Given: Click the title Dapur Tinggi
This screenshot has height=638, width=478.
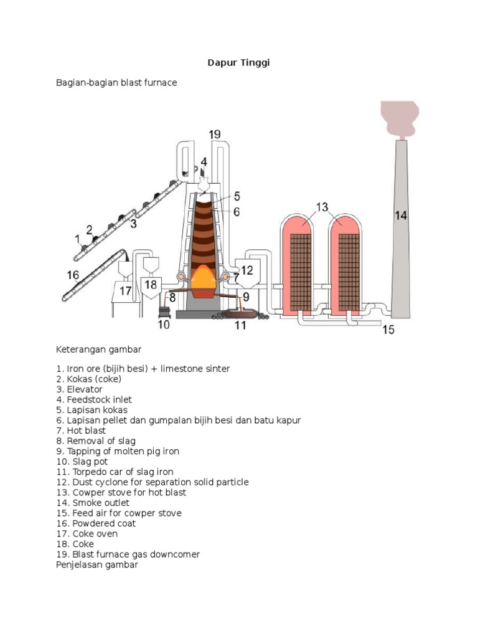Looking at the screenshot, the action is pyautogui.click(x=238, y=62).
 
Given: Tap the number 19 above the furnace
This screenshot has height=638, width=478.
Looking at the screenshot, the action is pyautogui.click(x=215, y=134).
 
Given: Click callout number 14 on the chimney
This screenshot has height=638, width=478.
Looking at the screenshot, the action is pyautogui.click(x=401, y=216).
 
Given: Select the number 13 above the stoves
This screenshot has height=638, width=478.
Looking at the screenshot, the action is pyautogui.click(x=322, y=206).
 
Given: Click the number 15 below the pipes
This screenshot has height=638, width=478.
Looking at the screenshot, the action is pyautogui.click(x=388, y=330).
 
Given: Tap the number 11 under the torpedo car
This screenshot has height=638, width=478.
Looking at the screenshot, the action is pyautogui.click(x=240, y=325).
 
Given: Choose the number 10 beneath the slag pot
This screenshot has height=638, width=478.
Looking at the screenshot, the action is pyautogui.click(x=164, y=324).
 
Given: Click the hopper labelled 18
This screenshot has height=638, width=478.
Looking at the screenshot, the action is pyautogui.click(x=151, y=285).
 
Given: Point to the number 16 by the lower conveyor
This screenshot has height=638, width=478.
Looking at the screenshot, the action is pyautogui.click(x=73, y=274).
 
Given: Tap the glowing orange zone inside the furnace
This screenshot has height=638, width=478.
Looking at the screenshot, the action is pyautogui.click(x=204, y=277).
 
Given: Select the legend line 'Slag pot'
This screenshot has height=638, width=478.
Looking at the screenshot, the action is pyautogui.click(x=82, y=462).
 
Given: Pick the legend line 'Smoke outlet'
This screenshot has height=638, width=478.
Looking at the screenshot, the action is pyautogui.click(x=93, y=503).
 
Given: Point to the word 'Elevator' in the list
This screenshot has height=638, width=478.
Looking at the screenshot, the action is pyautogui.click(x=85, y=389).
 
